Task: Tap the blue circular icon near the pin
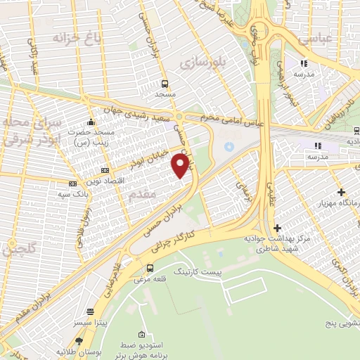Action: tap(228, 147)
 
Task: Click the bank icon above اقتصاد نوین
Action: tap(105, 169)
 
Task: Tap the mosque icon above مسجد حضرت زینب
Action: tap(90, 122)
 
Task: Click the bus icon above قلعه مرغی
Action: tap(149, 267)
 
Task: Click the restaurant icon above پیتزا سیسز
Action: tap(90, 311)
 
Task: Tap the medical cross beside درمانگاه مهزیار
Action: tap(341, 191)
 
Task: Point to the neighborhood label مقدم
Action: tap(143, 198)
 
